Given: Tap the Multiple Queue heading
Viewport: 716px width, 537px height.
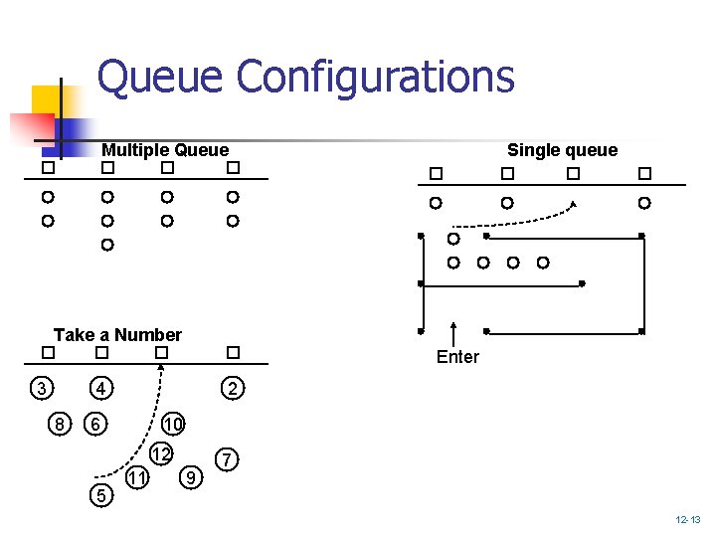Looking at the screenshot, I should point(165,150).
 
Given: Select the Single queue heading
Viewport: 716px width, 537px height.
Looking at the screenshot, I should point(562,150).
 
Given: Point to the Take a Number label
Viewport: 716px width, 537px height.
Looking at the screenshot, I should point(117,335).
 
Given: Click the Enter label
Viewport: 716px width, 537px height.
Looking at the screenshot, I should point(457,357).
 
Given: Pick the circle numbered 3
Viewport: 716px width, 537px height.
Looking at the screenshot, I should point(40,387).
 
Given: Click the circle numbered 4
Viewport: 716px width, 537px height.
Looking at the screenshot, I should point(100,387).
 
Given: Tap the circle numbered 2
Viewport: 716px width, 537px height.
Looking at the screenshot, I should point(231,388).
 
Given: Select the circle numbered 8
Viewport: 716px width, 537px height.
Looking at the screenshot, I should point(60,425).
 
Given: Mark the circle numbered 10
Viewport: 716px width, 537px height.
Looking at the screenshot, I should point(173,425).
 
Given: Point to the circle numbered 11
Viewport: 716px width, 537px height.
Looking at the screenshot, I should point(138,479).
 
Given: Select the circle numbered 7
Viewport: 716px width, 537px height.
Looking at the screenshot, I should point(229,460).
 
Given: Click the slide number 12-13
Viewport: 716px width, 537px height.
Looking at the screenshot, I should point(687,520).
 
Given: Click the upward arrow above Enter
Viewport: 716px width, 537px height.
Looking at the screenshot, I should point(453,333).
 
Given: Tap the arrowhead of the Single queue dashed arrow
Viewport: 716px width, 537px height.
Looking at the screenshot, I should point(574,204).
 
